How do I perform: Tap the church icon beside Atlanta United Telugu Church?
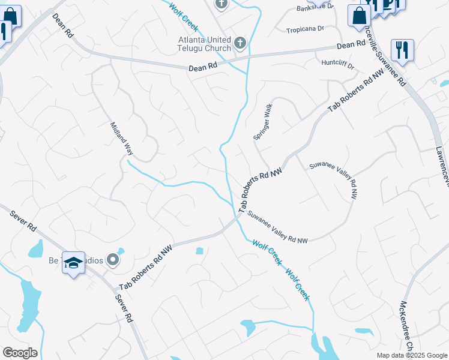(x=240, y=42)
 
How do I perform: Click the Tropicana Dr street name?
(x=304, y=29)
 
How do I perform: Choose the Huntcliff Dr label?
(x=338, y=62)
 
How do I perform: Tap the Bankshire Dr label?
(x=315, y=8)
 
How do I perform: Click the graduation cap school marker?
(x=73, y=263)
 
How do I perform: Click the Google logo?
(x=20, y=353)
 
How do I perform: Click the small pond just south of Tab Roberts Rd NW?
(x=199, y=251)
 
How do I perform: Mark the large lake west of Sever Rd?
(x=27, y=304)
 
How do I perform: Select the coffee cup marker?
(x=388, y=4)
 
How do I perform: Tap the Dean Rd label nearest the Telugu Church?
(x=202, y=68)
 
